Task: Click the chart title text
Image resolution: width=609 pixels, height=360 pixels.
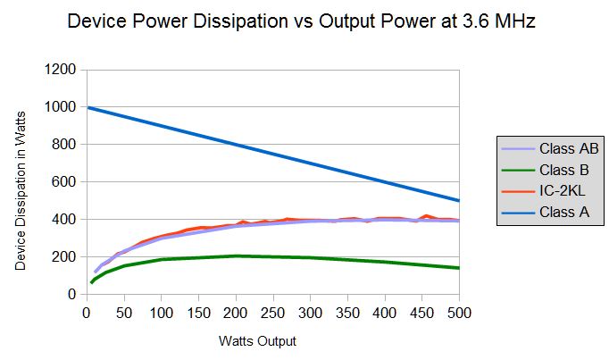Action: coord(302,22)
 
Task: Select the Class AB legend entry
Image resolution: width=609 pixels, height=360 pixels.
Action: coord(567,148)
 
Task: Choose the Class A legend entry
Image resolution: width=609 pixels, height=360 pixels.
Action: coord(564,213)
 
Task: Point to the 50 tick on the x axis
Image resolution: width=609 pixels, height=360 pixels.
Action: coord(123,312)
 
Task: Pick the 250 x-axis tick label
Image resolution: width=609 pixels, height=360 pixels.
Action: coord(273,312)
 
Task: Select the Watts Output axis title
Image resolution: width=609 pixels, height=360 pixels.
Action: coord(257,341)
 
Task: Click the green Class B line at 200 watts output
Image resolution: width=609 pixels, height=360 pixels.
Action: coord(236,256)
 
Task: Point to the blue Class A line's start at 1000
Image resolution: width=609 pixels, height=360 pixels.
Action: coord(87,107)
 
